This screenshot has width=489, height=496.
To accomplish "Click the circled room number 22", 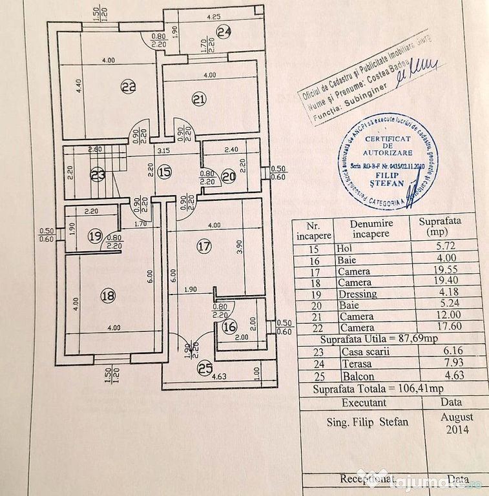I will pyautogui.click(x=128, y=87).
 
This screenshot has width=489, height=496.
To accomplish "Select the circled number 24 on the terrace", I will pyautogui.click(x=224, y=31).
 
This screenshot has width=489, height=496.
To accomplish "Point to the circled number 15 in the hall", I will pyautogui.click(x=164, y=172).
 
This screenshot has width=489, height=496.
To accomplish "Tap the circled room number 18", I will pyautogui.click(x=109, y=296).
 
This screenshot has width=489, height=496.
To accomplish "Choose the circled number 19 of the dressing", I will pyautogui.click(x=96, y=236).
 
